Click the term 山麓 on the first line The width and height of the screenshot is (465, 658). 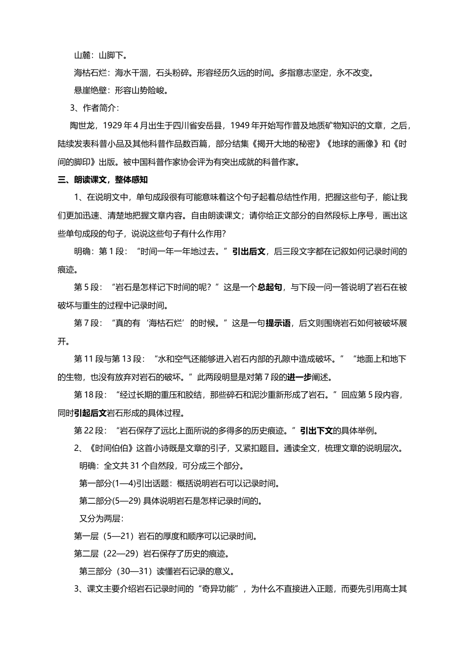pyautogui.click(x=82, y=55)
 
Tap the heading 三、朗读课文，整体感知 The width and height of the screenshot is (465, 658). pyautogui.click(x=103, y=180)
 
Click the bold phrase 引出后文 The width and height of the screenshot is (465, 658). pyautogui.click(x=249, y=252)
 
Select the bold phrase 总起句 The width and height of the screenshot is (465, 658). pyautogui.click(x=270, y=287)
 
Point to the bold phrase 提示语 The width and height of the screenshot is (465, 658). pyautogui.click(x=278, y=323)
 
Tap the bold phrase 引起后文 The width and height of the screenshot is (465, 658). pyautogui.click(x=91, y=413)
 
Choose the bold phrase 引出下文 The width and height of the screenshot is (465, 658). pyautogui.click(x=316, y=431)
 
